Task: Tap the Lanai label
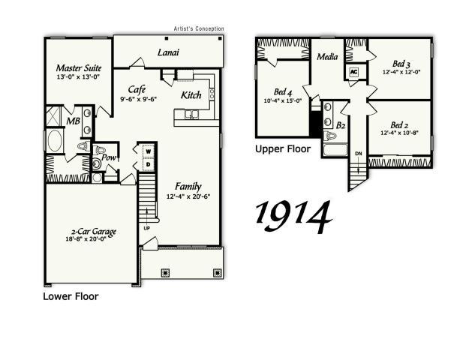point(167,52)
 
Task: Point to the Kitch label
point(191,95)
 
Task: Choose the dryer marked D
point(148,164)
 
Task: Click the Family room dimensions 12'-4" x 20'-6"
point(188,197)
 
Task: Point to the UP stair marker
point(146,228)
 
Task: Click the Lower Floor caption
point(71,296)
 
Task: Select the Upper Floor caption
point(283,149)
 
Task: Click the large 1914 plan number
point(293,216)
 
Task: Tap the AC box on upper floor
point(353,72)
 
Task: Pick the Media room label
point(327,57)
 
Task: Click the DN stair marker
point(359,154)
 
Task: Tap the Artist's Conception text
point(198,29)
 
